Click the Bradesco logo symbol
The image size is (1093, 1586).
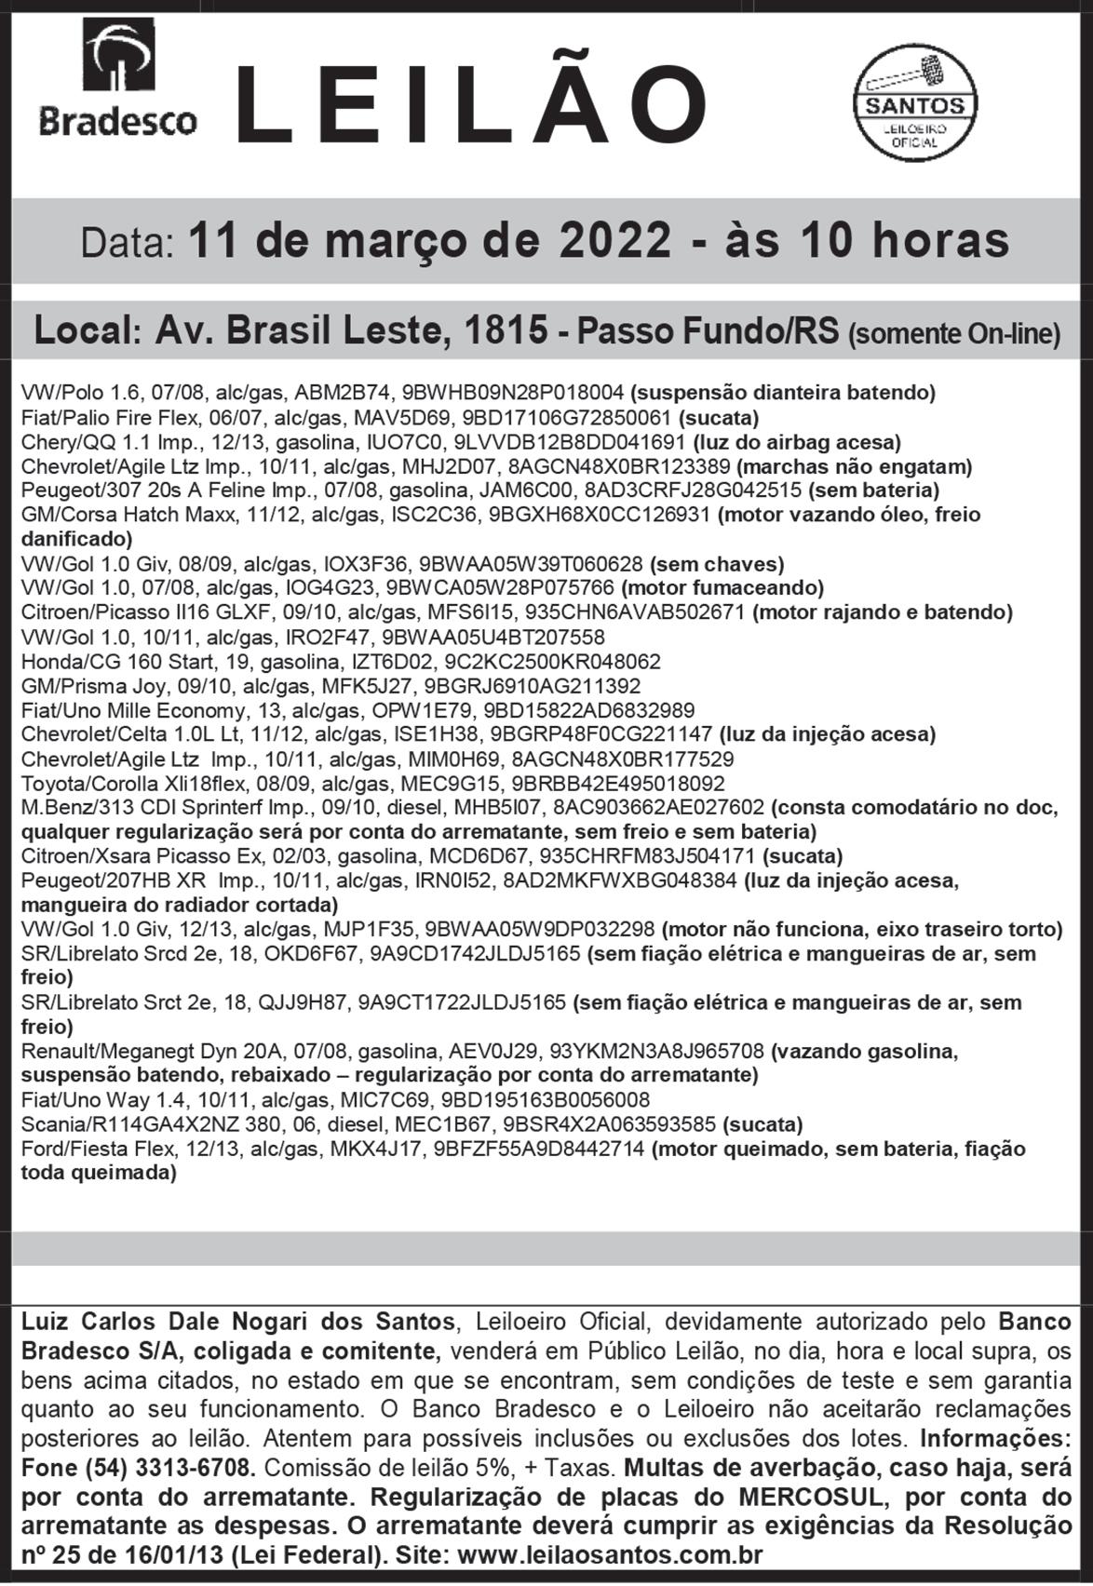[118, 57]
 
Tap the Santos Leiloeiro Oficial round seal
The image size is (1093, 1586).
[915, 102]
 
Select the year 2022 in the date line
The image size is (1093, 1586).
[615, 240]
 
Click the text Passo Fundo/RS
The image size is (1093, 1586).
[708, 331]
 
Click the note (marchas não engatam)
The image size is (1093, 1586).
[854, 466]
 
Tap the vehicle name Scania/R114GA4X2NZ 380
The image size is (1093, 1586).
[135, 1124]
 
